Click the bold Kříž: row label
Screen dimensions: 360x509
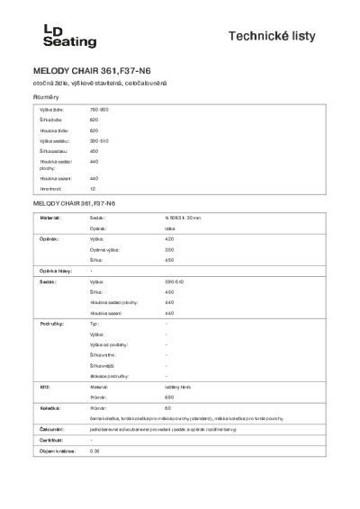pyautogui.click(x=42, y=384)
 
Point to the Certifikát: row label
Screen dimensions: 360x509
pyautogui.click(x=50, y=440)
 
